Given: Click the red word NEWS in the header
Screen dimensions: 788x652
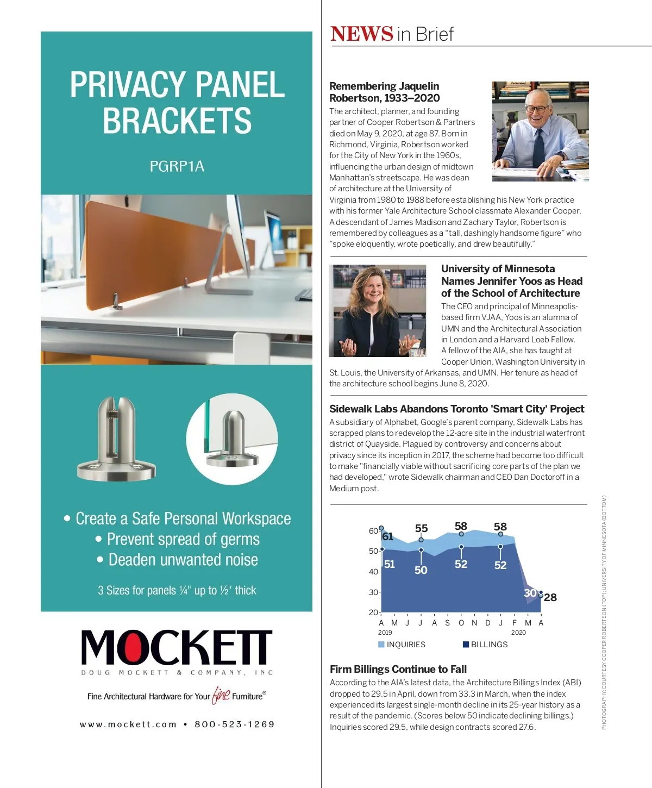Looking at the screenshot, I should pyautogui.click(x=361, y=34).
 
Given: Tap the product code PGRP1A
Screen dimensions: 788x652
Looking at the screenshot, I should pyautogui.click(x=177, y=166).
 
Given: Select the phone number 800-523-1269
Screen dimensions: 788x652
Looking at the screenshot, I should pyautogui.click(x=235, y=724).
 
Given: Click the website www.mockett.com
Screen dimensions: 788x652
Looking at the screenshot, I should pyautogui.click(x=128, y=724).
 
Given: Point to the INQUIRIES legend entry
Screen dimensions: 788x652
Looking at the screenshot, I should pyautogui.click(x=402, y=645).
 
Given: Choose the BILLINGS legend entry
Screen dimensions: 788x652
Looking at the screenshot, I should pyautogui.click(x=485, y=645).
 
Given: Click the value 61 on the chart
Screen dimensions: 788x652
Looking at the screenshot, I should pyautogui.click(x=387, y=536).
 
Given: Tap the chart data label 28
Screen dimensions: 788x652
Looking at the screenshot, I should pyautogui.click(x=550, y=597).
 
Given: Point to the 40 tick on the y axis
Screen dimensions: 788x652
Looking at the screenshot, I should pyautogui.click(x=374, y=572).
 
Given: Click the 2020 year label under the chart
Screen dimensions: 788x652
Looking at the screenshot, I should pyautogui.click(x=518, y=633).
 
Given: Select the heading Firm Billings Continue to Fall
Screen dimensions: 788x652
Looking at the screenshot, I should pyautogui.click(x=398, y=669).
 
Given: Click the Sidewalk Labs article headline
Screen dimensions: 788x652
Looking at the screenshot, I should pyautogui.click(x=456, y=409).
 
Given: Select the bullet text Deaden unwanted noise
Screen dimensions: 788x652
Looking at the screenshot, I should pyautogui.click(x=183, y=560).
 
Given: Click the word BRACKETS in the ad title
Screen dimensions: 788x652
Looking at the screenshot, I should pyautogui.click(x=177, y=121).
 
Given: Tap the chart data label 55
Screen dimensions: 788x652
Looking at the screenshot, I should pyautogui.click(x=421, y=528).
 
